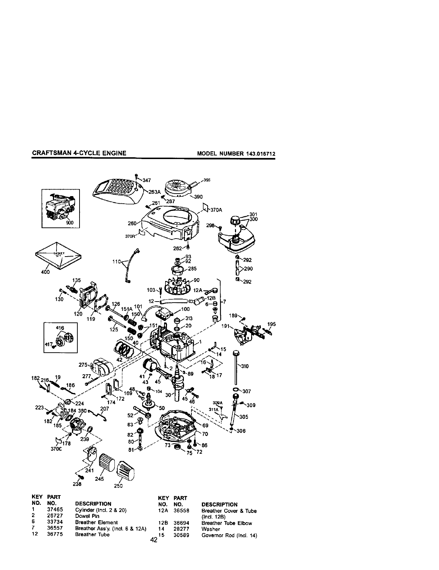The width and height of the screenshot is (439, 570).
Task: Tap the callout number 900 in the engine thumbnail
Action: tap(70, 222)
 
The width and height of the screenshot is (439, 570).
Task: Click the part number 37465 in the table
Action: tap(56, 510)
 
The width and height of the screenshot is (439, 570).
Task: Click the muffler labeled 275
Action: tap(102, 367)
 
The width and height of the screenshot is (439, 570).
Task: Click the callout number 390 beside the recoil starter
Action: tap(198, 196)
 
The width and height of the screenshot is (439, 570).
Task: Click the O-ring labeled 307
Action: tap(236, 390)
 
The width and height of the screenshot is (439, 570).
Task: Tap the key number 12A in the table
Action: tap(163, 511)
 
